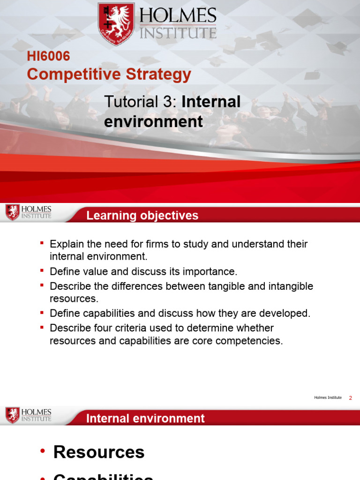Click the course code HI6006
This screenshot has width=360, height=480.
click(x=48, y=56)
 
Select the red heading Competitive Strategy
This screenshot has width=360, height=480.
click(x=109, y=74)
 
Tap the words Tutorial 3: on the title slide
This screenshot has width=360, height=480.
click(x=140, y=102)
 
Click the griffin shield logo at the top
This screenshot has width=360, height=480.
click(x=116, y=23)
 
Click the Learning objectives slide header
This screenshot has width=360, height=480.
click(x=142, y=216)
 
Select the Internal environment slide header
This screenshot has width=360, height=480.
click(x=145, y=419)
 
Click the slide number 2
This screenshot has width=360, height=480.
click(x=350, y=398)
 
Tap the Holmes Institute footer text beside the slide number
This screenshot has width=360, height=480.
click(x=328, y=398)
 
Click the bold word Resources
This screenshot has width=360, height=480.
click(x=99, y=452)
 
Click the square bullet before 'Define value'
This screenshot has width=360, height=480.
click(x=42, y=271)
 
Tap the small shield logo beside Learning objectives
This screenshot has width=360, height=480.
click(x=12, y=212)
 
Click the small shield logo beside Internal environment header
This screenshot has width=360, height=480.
click(x=12, y=415)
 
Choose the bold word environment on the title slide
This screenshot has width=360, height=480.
click(x=153, y=122)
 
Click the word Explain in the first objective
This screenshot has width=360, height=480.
click(x=66, y=244)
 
